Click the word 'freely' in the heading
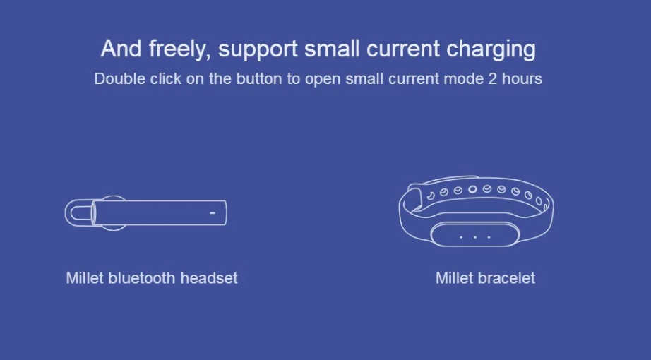pos(177,49)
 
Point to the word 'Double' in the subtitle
pos(120,78)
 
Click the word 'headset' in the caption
pos(209,278)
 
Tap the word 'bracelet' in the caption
pos(507,278)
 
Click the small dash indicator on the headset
pos(212,211)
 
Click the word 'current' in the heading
pos(403,49)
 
